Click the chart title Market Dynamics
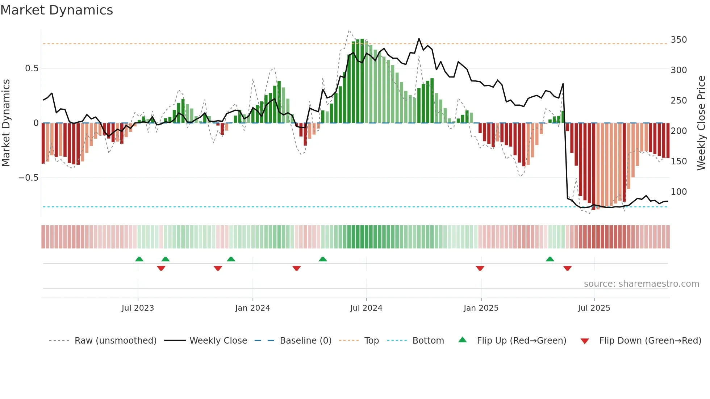[x=57, y=10]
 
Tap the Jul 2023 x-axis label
[x=138, y=308]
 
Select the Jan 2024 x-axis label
[x=252, y=308]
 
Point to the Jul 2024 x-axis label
[x=366, y=308]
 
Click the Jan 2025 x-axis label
[x=481, y=308]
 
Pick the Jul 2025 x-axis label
[x=594, y=308]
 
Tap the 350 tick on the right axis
[x=678, y=40]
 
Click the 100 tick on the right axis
[x=678, y=192]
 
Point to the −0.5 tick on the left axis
[x=28, y=178]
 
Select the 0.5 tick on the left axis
[x=32, y=68]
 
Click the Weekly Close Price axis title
[x=701, y=123]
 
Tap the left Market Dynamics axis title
[x=6, y=123]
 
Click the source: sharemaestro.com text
[x=641, y=284]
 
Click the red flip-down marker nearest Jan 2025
[x=480, y=268]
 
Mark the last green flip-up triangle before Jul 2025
[x=550, y=259]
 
